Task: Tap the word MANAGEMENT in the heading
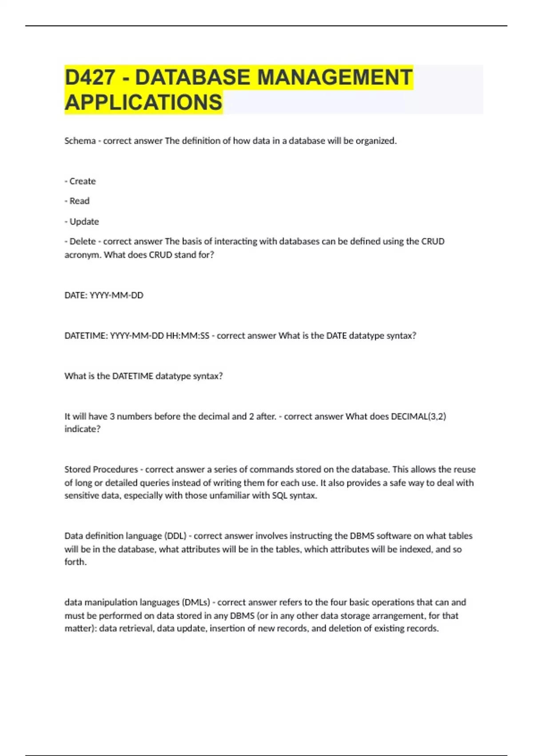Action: click(335, 77)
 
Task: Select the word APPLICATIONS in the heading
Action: click(143, 102)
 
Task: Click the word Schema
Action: click(80, 141)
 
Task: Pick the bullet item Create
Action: click(82, 181)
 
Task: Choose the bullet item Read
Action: click(79, 201)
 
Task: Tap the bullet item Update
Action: click(84, 221)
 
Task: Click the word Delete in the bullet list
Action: click(83, 241)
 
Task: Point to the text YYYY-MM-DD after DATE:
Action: click(116, 295)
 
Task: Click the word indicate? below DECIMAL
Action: click(83, 429)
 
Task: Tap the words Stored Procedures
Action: click(101, 470)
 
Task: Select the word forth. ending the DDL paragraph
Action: click(76, 562)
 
